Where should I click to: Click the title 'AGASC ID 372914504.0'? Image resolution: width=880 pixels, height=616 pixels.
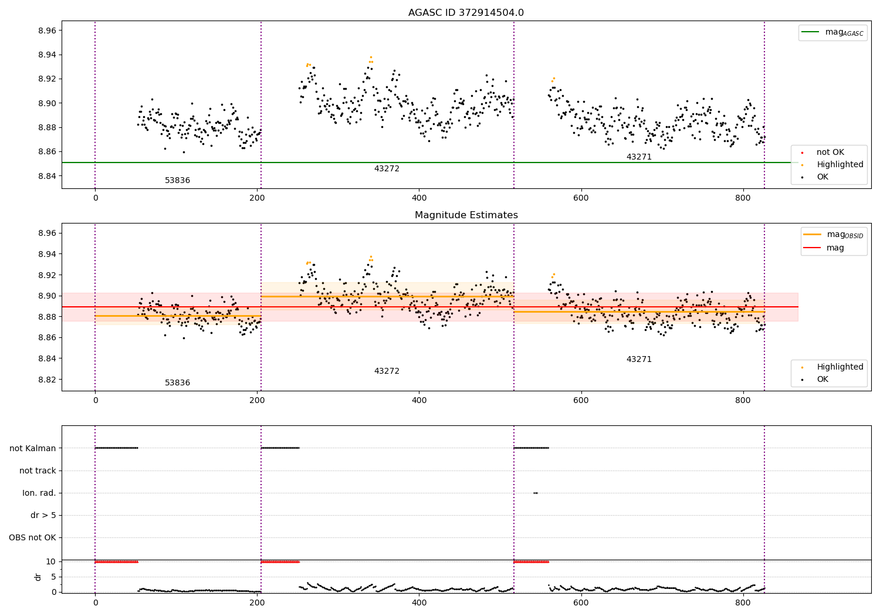[x=466, y=13]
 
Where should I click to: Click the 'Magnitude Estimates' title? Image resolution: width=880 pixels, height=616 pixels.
[x=466, y=215]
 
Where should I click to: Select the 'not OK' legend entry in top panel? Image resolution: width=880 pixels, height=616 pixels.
[x=830, y=153]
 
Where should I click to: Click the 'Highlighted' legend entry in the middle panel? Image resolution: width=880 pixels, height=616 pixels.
[x=840, y=367]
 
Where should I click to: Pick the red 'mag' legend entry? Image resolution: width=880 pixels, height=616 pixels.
[x=835, y=248]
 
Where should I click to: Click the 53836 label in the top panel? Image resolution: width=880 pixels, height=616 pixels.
[x=177, y=181]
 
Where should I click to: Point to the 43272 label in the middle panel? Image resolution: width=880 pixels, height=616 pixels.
[x=387, y=371]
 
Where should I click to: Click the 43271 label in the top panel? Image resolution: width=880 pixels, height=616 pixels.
[x=639, y=157]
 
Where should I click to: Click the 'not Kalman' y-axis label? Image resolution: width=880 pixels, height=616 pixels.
[x=33, y=448]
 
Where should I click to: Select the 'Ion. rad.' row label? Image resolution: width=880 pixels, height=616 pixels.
[x=39, y=493]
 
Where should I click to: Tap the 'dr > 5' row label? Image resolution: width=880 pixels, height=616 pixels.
[x=43, y=515]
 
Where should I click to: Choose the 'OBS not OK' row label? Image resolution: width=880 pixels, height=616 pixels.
[x=33, y=537]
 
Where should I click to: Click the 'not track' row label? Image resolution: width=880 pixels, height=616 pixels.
[x=38, y=471]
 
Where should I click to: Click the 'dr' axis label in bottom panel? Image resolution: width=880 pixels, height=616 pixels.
[x=38, y=577]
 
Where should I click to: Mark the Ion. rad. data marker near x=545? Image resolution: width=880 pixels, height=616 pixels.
[x=535, y=493]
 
